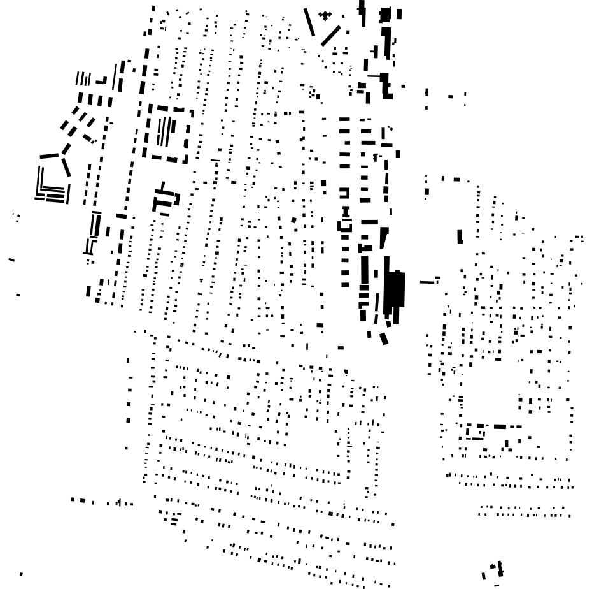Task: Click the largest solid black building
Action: (395, 291)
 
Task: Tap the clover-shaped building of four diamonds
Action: (325, 15)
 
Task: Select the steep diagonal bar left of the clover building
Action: (309, 22)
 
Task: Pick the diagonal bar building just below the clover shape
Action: (330, 36)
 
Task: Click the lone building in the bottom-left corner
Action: (21, 574)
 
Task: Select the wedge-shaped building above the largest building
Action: (383, 237)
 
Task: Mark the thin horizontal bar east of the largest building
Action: (429, 282)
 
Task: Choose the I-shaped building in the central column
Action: (346, 212)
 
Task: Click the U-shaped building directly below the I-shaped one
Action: (344, 225)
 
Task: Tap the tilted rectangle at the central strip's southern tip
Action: (384, 338)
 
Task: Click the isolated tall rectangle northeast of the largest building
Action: (460, 236)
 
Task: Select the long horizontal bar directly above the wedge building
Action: (369, 222)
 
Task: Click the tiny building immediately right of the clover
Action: (343, 17)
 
